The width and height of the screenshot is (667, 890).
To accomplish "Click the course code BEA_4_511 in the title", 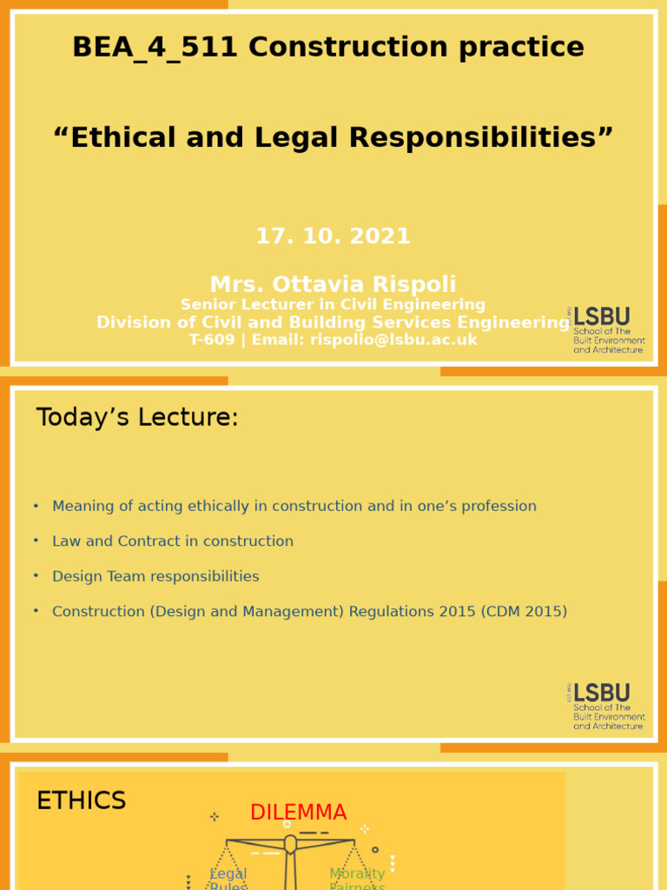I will pyautogui.click(x=155, y=47).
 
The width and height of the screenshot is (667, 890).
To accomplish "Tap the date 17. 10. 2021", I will pyautogui.click(x=333, y=236).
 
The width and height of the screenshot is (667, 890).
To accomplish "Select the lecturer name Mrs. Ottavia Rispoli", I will pyautogui.click(x=333, y=284).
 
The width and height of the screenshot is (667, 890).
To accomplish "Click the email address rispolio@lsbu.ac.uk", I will pyautogui.click(x=393, y=340).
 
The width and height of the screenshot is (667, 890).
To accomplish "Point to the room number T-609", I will pyautogui.click(x=212, y=340).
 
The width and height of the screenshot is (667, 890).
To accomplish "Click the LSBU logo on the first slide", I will pyautogui.click(x=607, y=329).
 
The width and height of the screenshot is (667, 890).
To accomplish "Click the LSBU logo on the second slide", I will pyautogui.click(x=607, y=706).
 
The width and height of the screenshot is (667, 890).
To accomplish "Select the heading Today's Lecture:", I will pyautogui.click(x=137, y=418).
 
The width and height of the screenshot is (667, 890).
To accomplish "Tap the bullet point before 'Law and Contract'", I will pyautogui.click(x=36, y=541).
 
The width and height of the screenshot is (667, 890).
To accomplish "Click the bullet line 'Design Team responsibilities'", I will pyautogui.click(x=155, y=576).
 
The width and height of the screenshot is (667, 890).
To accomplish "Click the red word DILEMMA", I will pyautogui.click(x=298, y=813).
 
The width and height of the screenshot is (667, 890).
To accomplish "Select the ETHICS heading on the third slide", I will pyautogui.click(x=81, y=801).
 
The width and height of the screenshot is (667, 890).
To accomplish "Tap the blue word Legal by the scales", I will pyautogui.click(x=228, y=874).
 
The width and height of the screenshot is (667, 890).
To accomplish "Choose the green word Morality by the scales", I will pyautogui.click(x=357, y=874).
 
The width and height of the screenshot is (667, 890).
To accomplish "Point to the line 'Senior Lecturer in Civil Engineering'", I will pyautogui.click(x=333, y=305).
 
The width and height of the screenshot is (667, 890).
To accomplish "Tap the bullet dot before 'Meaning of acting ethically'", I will pyautogui.click(x=36, y=505).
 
